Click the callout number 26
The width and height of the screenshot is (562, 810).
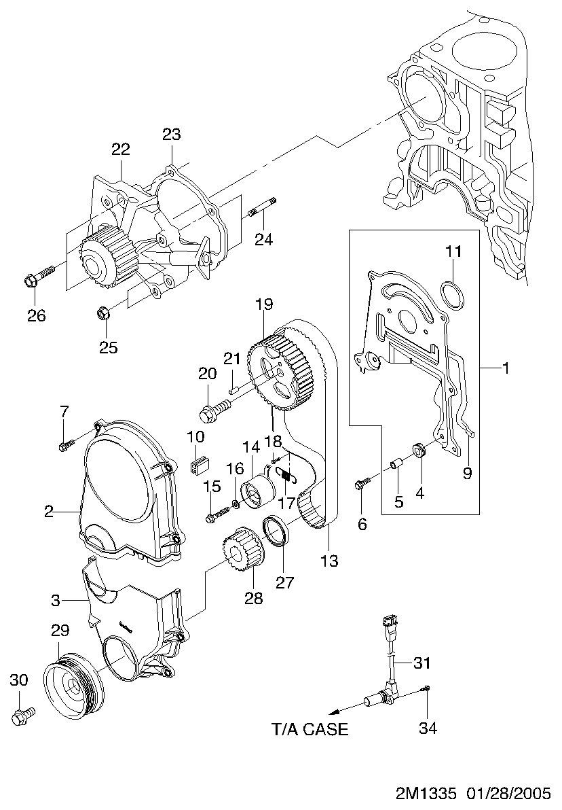point(37,316)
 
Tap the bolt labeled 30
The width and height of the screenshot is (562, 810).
point(23,715)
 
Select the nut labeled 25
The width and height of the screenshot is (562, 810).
point(103,314)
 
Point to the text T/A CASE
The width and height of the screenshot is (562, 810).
point(310,729)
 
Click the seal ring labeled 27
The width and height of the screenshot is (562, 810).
point(278,530)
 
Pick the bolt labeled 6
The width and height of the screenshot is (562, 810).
point(362,483)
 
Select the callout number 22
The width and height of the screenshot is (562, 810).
point(121,149)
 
